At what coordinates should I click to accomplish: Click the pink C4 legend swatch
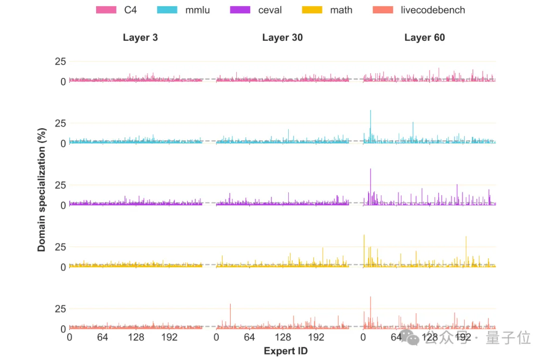[x=107, y=10]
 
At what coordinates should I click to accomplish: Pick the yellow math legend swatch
[x=314, y=10]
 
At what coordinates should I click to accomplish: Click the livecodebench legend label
[x=433, y=10]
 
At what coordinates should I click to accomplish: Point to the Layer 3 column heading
[x=140, y=38]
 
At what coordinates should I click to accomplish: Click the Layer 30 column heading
[x=282, y=38]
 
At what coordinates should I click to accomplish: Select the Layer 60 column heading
[x=424, y=38]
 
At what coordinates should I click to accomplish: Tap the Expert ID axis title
[x=286, y=351]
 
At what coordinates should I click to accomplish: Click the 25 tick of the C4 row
[x=60, y=62]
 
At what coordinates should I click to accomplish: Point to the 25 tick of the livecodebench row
[x=60, y=309]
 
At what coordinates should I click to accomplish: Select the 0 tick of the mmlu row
[x=63, y=143]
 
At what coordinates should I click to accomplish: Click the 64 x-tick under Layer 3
[x=102, y=337]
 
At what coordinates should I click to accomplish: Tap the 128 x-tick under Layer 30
[x=283, y=337]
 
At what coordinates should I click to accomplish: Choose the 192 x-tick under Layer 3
[x=169, y=337]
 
